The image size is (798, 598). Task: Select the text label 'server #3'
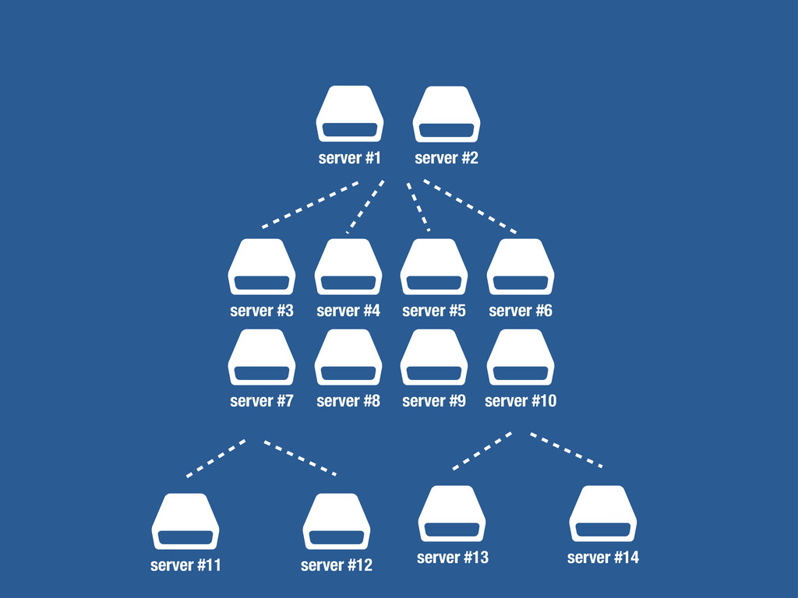click(x=262, y=311)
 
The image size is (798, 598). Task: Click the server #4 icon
click(x=348, y=266)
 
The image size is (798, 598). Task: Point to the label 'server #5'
click(x=434, y=311)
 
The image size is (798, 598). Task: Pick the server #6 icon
click(x=521, y=266)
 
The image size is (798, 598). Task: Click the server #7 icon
click(x=262, y=357)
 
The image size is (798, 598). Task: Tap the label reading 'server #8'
click(x=348, y=401)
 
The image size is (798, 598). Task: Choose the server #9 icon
click(x=434, y=357)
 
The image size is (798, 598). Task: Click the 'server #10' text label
click(x=521, y=401)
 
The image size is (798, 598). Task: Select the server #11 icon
click(x=185, y=521)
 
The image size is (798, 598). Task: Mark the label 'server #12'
click(x=337, y=565)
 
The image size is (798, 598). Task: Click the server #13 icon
click(x=452, y=513)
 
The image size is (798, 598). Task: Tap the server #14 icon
click(x=603, y=513)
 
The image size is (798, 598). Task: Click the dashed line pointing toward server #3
click(x=311, y=204)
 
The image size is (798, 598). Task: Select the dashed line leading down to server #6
click(x=470, y=206)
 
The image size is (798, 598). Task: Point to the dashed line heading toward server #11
click(x=217, y=457)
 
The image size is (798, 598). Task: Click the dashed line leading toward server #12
click(x=300, y=458)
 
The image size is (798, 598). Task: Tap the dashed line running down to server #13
click(x=482, y=451)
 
